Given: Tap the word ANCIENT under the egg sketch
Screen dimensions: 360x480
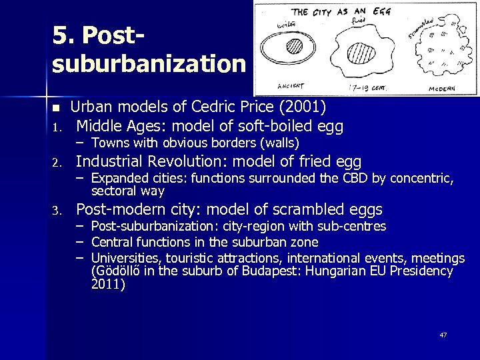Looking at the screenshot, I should [285, 85].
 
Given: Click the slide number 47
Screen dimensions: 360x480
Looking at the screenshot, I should [443, 335].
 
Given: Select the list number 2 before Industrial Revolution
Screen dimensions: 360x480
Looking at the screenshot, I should [58, 161].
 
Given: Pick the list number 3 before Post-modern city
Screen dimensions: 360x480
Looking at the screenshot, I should [58, 211].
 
